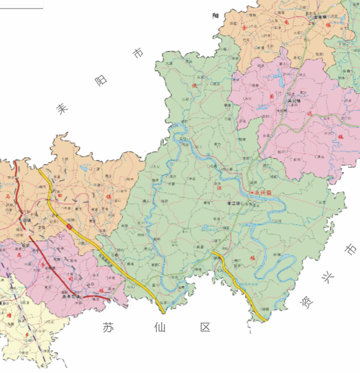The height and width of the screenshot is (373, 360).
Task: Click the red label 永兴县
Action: (x=264, y=193)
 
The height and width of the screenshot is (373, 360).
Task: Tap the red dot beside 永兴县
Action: (x=253, y=193)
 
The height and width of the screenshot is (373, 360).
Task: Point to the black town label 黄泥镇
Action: (x=293, y=101)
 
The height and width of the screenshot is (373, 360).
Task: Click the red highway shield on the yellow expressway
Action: (x=69, y=228)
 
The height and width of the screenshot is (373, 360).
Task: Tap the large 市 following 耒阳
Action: (x=138, y=52)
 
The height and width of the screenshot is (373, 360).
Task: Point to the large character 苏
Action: (x=108, y=327)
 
